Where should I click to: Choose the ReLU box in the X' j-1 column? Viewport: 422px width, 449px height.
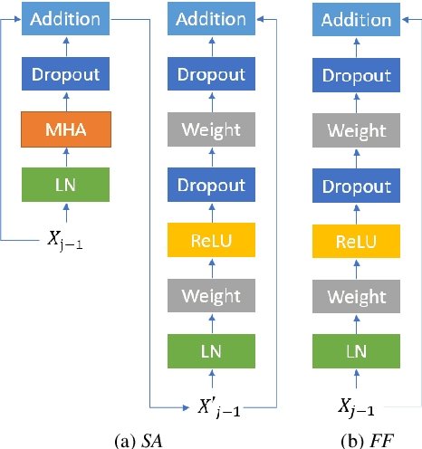click(x=210, y=241)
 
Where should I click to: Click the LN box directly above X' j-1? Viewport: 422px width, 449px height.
click(x=210, y=351)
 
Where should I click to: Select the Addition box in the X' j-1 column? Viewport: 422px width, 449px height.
click(x=210, y=19)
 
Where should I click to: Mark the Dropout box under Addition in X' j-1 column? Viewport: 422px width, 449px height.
click(x=210, y=74)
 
